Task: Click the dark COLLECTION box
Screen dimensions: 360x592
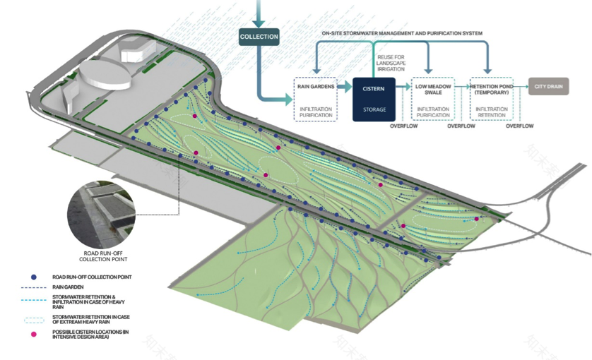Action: click(x=259, y=37)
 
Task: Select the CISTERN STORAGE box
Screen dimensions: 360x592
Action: click(x=374, y=99)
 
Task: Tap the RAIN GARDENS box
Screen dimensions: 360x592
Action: click(x=314, y=99)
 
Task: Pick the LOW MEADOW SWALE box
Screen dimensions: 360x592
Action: click(x=433, y=99)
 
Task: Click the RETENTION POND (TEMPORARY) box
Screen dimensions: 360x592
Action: click(x=492, y=99)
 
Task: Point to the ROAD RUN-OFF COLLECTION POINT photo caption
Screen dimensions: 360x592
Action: click(x=98, y=256)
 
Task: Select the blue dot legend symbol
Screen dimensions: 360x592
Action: click(x=34, y=277)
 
